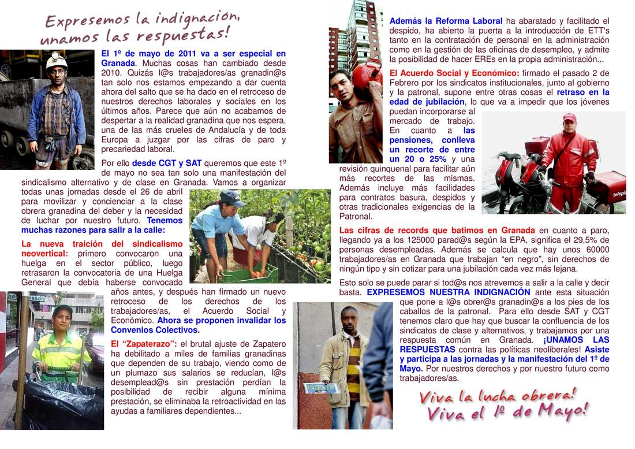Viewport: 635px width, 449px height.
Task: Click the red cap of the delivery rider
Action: pyautogui.click(x=569, y=118)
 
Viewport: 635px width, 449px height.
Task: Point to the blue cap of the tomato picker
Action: pyautogui.click(x=231, y=198)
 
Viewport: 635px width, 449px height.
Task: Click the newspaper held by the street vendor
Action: pyautogui.click(x=320, y=387)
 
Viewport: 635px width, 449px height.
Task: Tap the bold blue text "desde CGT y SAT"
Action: pyautogui.click(x=166, y=163)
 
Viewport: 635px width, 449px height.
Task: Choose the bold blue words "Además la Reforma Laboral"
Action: pyautogui.click(x=446, y=21)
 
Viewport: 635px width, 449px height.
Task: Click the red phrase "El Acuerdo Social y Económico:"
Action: pyautogui.click(x=454, y=73)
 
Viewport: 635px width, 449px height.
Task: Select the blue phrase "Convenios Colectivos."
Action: pyautogui.click(x=155, y=330)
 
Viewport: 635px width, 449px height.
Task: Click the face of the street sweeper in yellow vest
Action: pyautogui.click(x=62, y=318)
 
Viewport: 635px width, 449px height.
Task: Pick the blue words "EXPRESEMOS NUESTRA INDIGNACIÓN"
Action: pyautogui.click(x=449, y=292)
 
